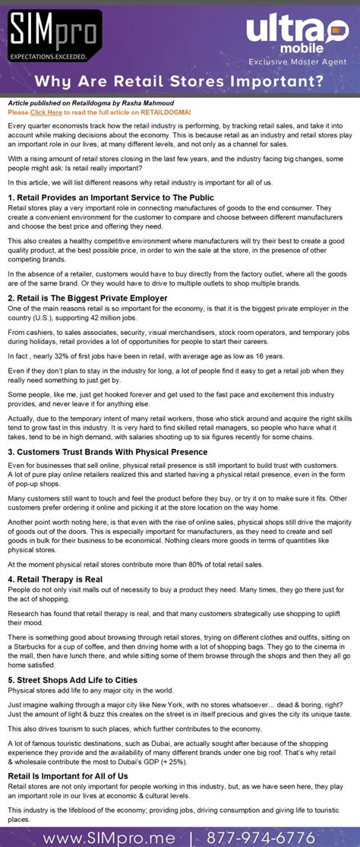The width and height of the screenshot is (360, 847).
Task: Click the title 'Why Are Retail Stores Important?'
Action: coord(180,80)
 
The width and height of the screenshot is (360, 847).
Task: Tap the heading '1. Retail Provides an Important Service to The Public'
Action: coord(111,198)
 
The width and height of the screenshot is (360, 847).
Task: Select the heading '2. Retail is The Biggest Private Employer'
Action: coord(87,299)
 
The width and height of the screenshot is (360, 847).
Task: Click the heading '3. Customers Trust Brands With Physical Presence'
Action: coord(107,452)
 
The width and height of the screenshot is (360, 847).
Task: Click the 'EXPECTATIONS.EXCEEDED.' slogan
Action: coord(48,55)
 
